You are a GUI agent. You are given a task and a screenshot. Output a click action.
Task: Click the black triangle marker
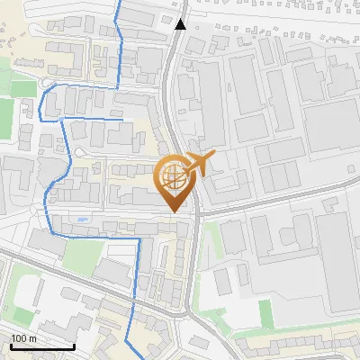click(181, 23)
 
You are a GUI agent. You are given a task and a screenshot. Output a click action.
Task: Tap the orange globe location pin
click(175, 177)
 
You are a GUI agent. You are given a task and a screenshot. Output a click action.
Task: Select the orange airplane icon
click(200, 163)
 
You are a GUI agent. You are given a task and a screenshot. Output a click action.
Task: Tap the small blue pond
click(84, 218)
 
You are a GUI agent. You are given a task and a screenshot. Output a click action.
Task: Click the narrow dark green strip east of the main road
click(265, 313)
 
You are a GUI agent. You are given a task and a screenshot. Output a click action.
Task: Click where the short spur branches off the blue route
click(61, 118)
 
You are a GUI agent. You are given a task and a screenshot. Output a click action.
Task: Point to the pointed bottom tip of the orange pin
click(175, 211)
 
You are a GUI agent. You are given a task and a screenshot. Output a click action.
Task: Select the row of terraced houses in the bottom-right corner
click(297, 346)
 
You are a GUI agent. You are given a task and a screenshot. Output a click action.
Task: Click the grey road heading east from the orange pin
click(270, 199)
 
